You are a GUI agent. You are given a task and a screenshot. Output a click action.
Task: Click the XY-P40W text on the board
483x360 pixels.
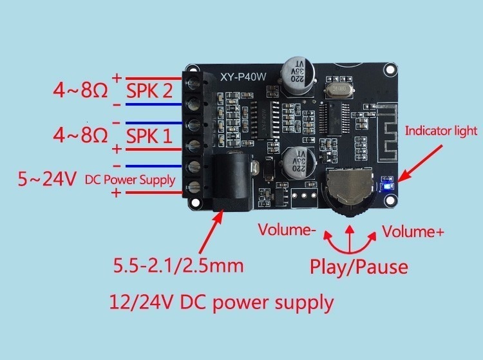pyautogui.click(x=243, y=77)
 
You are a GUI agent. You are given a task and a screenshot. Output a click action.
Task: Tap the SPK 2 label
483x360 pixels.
pyautogui.click(x=149, y=91)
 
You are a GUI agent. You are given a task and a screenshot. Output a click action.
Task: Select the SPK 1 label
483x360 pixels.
pyautogui.click(x=149, y=136)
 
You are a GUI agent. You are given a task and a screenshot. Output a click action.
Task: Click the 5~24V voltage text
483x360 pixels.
pyautogui.click(x=47, y=179)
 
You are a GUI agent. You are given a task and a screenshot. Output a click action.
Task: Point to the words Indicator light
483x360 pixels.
pyautogui.click(x=440, y=131)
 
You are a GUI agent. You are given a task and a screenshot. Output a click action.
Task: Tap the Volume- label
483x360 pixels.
pyautogui.click(x=287, y=230)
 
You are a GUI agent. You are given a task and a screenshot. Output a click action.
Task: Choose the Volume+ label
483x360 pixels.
pyautogui.click(x=413, y=231)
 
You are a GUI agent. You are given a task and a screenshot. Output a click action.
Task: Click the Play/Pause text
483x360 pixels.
pyautogui.click(x=359, y=267)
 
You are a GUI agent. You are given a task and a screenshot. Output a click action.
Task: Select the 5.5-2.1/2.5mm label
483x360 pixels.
pyautogui.click(x=178, y=265)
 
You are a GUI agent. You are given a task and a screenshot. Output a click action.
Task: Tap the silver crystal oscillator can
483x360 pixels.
pyautogui.click(x=339, y=90)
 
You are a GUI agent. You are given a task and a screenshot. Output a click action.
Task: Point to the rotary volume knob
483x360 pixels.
pyautogui.click(x=350, y=191)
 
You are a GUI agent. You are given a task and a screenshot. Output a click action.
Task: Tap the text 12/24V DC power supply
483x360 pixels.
pyautogui.click(x=222, y=302)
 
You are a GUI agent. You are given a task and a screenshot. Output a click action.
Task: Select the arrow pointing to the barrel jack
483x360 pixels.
pyautogui.click(x=211, y=232)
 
